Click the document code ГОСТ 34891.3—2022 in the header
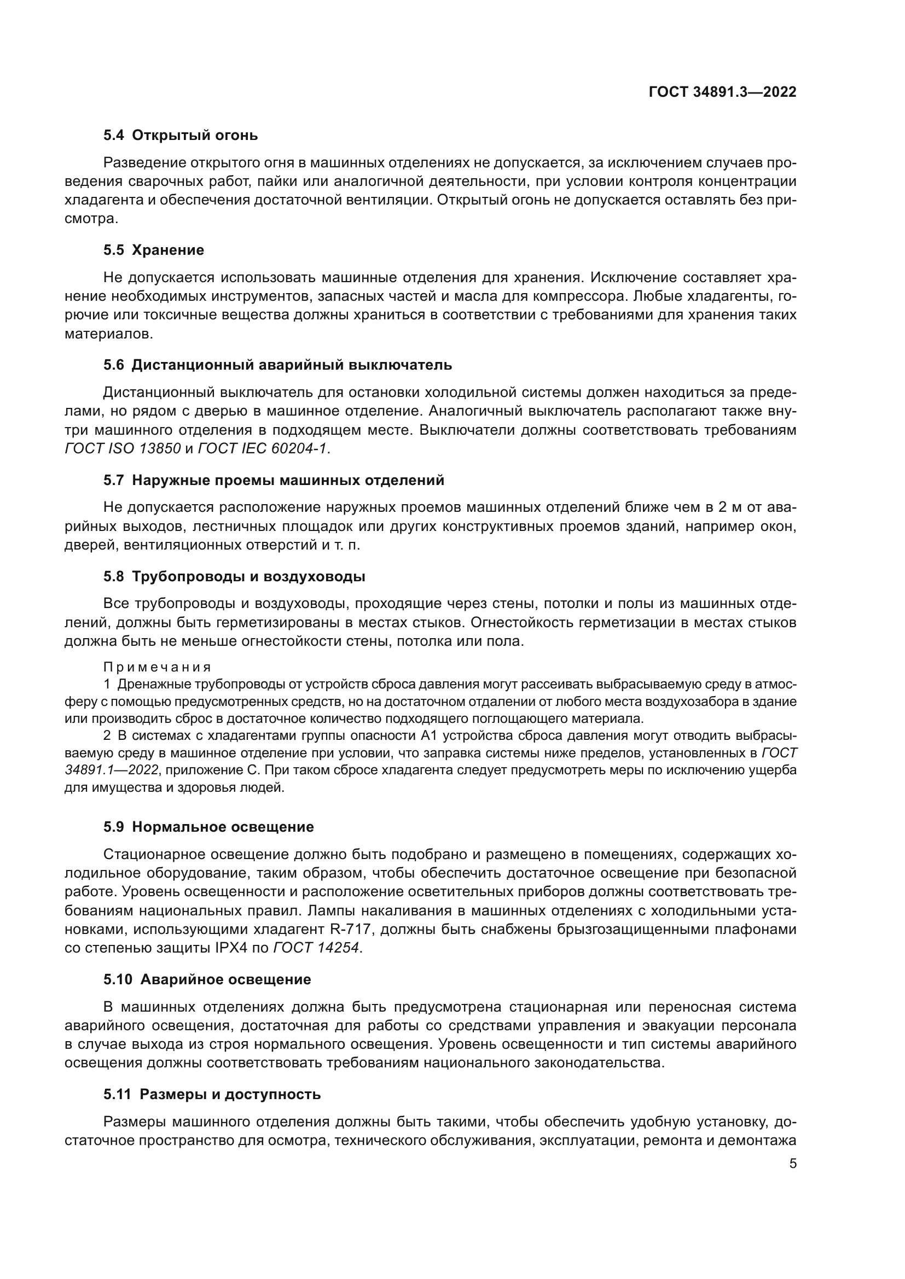[x=722, y=92]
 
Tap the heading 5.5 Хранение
[x=154, y=250]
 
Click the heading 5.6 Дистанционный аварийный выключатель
[x=277, y=365]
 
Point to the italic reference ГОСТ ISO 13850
[x=123, y=448]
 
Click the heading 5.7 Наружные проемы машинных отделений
[x=274, y=480]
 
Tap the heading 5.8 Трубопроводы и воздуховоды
[x=234, y=576]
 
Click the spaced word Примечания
[x=157, y=667]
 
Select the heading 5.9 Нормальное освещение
[x=208, y=827]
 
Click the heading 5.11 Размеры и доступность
[x=212, y=1095]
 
